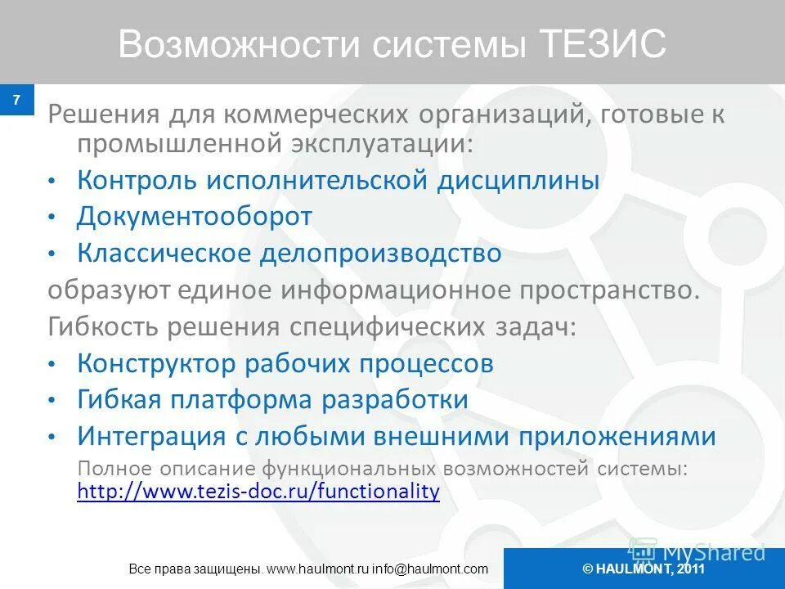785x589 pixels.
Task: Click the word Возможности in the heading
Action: click(x=238, y=45)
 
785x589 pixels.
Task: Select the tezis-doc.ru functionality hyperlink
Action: click(x=258, y=491)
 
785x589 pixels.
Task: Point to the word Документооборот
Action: click(x=195, y=217)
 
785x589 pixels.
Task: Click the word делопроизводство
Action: click(x=381, y=253)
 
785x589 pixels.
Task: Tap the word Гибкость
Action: click(x=103, y=326)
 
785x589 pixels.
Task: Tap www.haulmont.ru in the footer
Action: click(x=315, y=569)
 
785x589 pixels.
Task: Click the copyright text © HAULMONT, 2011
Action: click(x=644, y=569)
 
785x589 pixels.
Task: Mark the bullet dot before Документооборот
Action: click(x=52, y=218)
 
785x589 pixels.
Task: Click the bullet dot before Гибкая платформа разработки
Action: click(x=52, y=401)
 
